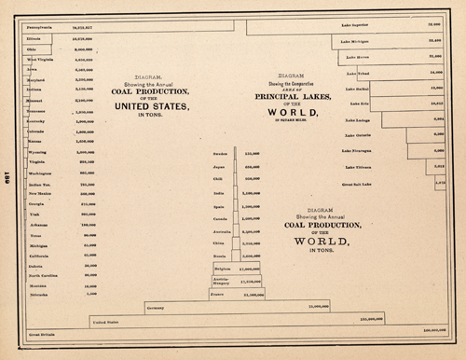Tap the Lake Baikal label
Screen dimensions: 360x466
357,89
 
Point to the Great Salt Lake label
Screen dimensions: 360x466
358,183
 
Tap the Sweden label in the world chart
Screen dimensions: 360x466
221,153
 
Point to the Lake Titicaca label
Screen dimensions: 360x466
359,166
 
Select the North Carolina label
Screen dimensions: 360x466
45,275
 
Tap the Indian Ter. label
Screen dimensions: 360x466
41,185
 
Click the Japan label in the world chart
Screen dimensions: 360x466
220,166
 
